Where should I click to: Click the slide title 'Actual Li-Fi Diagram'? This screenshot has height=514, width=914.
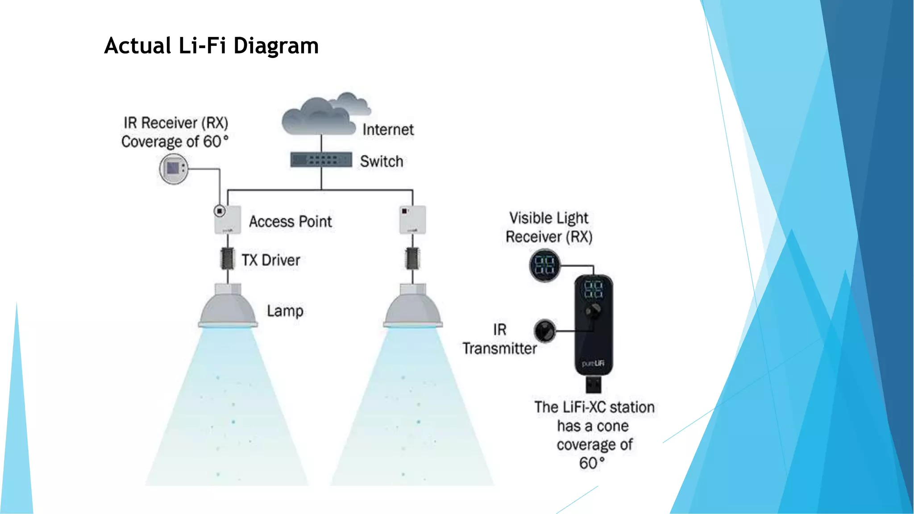[x=211, y=46]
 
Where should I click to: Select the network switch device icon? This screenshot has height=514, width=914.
[x=321, y=160]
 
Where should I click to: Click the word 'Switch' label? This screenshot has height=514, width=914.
[x=382, y=162]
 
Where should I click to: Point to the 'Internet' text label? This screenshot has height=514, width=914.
[x=388, y=130]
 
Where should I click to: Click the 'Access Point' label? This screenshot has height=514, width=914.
[x=290, y=222]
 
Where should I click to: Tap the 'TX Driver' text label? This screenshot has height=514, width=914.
[x=271, y=260]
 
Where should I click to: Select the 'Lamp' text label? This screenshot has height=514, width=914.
[x=285, y=311]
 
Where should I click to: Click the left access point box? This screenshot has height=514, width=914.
[x=228, y=220]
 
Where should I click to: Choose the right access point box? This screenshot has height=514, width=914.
[x=412, y=220]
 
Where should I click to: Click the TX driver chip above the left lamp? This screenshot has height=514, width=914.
[x=228, y=259]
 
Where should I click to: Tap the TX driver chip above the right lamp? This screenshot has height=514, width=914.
[x=412, y=259]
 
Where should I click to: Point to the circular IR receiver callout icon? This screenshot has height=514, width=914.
[x=174, y=169]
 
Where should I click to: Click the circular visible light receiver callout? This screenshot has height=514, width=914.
[x=544, y=265]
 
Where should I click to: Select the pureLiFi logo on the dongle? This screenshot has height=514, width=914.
[x=593, y=364]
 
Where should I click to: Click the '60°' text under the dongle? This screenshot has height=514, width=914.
[x=592, y=464]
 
